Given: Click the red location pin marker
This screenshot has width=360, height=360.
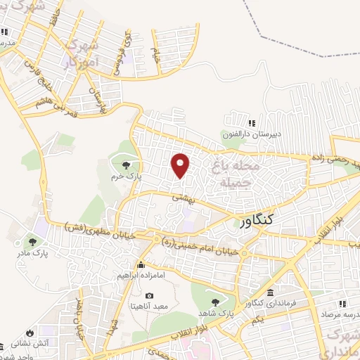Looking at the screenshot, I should (181, 165).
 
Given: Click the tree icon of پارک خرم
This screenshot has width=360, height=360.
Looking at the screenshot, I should (125, 165).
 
